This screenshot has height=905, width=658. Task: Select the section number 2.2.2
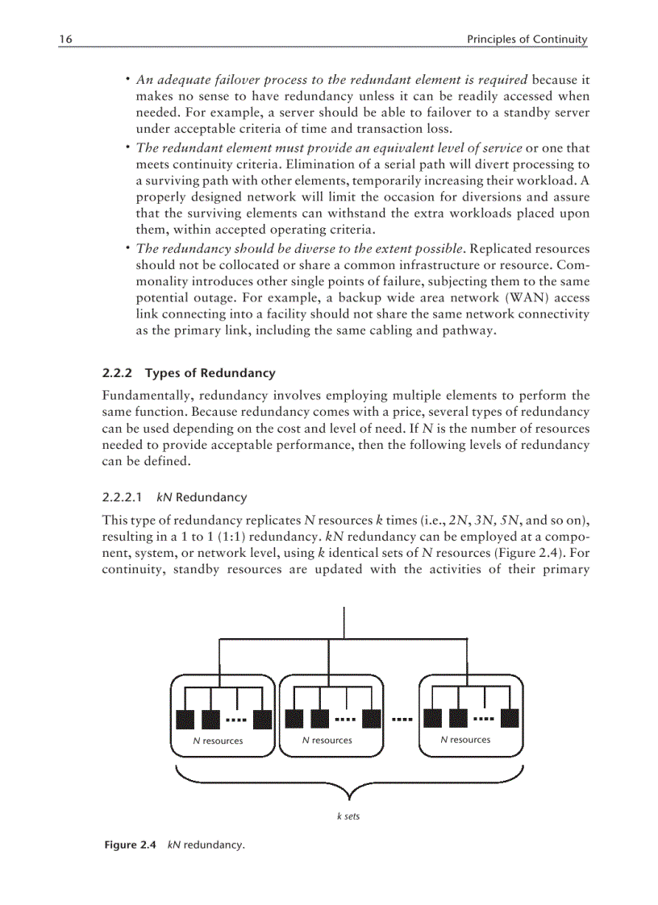(118, 373)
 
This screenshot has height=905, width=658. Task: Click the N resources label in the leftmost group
(218, 741)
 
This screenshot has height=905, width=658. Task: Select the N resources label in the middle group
(327, 740)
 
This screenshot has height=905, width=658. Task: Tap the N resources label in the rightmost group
(465, 739)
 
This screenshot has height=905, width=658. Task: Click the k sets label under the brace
(348, 816)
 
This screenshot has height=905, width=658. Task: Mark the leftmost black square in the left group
(185, 719)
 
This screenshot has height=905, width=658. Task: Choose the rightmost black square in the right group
(510, 718)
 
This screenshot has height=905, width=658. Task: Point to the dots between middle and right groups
(402, 718)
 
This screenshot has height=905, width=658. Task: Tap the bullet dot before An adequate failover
(128, 80)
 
